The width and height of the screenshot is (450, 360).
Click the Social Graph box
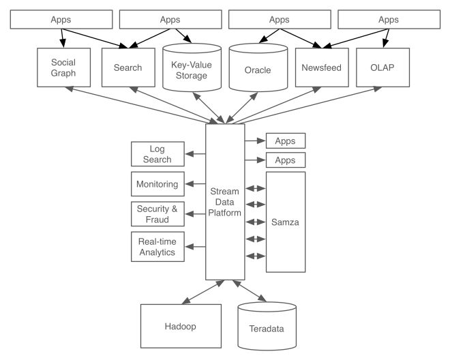63,67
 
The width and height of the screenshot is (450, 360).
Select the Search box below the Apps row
128,67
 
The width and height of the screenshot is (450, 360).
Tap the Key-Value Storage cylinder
192,67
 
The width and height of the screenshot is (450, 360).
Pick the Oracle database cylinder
258,67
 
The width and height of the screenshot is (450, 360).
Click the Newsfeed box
322,67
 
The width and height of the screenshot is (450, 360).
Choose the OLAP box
383,67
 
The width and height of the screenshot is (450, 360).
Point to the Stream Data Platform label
225,202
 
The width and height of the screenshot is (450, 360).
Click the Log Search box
157,154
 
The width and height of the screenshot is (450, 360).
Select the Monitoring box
157,184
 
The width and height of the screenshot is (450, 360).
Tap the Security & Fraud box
157,214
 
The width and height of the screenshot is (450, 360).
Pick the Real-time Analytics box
157,247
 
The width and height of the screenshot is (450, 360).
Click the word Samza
285,222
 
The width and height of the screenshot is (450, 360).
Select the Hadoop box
181,326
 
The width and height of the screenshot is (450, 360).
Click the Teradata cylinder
267,326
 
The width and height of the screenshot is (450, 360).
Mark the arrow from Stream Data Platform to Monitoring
196,183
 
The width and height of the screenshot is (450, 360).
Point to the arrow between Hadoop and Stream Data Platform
203,292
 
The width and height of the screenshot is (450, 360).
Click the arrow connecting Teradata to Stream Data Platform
250,291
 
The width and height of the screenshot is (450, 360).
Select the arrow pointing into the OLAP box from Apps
387,38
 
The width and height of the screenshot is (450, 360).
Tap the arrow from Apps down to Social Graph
62,38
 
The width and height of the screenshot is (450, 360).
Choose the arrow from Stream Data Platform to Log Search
196,154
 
